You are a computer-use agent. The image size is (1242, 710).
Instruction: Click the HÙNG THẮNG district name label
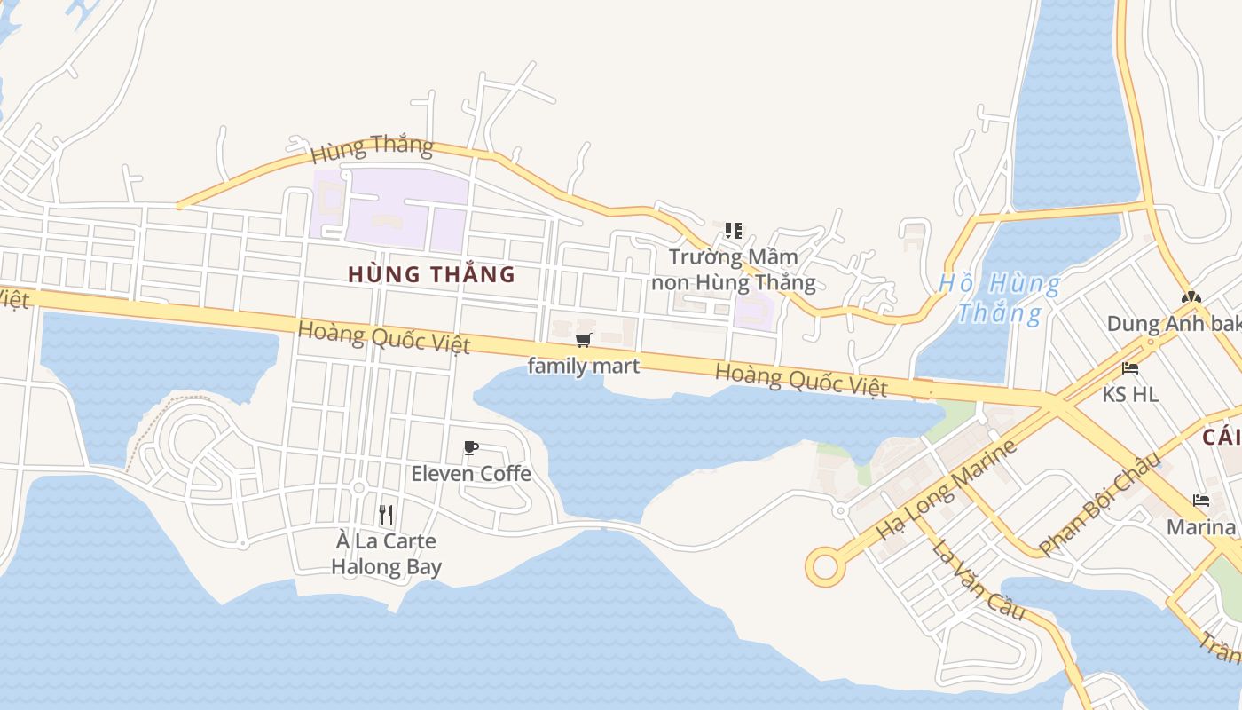[431, 274]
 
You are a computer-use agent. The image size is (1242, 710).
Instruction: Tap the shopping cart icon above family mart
[583, 341]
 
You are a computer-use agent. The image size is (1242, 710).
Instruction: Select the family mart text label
[583, 366]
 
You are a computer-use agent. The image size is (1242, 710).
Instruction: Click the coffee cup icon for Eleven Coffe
[471, 448]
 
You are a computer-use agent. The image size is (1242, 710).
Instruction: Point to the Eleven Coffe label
[471, 474]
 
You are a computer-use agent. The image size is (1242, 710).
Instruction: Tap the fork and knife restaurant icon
[386, 515]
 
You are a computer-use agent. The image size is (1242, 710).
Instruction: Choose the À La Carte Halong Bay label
[387, 554]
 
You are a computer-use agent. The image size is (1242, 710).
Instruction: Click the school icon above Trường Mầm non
[733, 232]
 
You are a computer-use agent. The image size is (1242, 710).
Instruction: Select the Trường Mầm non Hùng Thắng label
[734, 270]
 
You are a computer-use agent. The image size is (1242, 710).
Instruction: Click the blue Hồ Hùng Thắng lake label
[1000, 298]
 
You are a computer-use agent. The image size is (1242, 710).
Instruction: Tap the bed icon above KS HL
[1129, 368]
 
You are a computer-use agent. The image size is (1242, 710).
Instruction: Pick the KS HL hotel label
[1130, 394]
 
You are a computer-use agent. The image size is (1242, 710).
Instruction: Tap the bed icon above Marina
[1201, 501]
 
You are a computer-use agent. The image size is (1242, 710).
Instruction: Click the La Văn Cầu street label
[979, 578]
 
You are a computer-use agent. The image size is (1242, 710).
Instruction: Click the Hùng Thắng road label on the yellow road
[372, 149]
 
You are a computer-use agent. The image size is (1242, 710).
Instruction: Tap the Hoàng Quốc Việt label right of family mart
[801, 380]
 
